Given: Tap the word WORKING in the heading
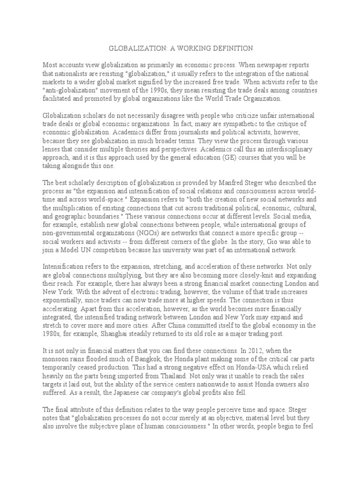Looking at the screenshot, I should [185, 48].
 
